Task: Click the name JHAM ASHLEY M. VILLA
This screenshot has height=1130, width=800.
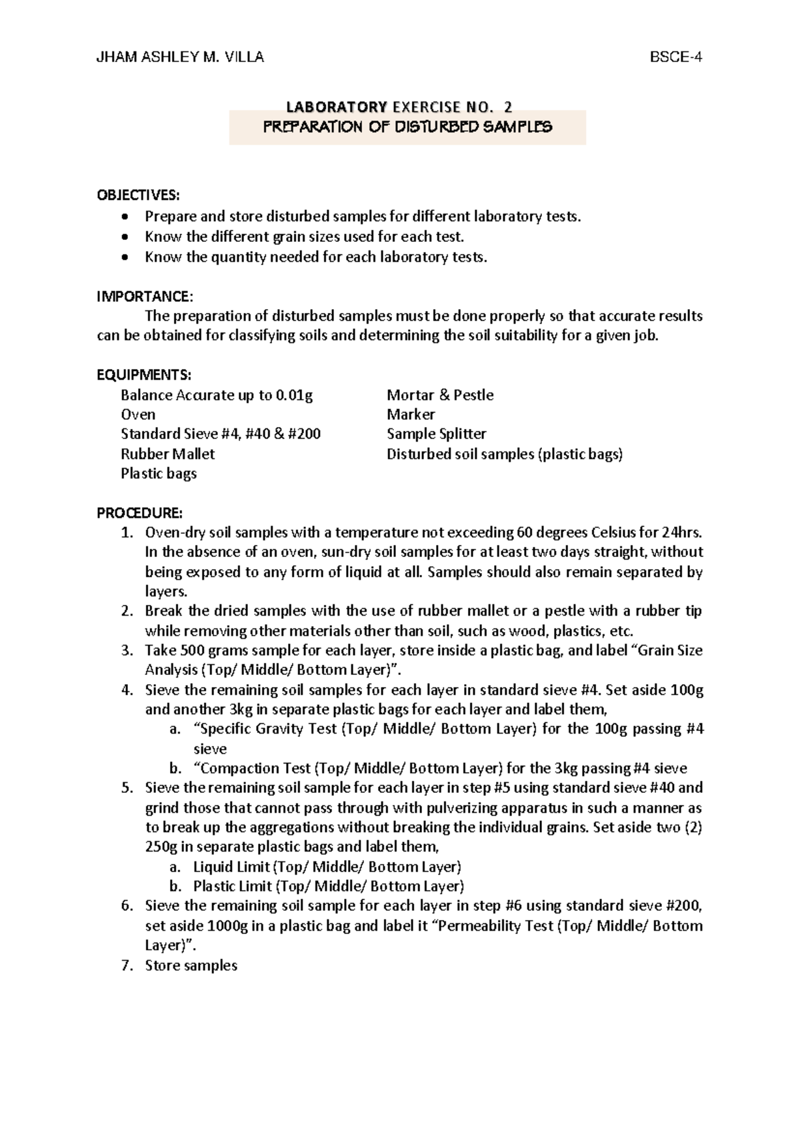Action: coord(180,57)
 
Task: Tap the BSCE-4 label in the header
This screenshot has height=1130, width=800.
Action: coord(676,57)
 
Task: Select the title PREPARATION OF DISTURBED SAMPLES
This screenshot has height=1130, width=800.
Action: coord(407,127)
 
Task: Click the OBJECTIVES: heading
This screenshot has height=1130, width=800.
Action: coord(138,195)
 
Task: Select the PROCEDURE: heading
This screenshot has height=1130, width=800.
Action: coord(139,513)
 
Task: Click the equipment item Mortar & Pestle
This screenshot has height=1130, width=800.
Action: coord(440,395)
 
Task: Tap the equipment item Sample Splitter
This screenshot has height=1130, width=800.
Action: coord(437,434)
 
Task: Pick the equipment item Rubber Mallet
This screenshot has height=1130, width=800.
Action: coord(168,454)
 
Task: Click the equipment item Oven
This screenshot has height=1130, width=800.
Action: coord(138,414)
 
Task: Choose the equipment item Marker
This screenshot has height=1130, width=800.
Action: coord(411,414)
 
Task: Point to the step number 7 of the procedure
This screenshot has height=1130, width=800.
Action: coord(127,965)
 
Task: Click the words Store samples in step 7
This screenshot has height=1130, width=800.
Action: coord(191,965)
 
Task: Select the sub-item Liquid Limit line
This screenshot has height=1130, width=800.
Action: coord(327,867)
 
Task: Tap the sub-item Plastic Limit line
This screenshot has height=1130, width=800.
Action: coord(328,886)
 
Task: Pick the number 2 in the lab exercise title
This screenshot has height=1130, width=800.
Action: coord(509,107)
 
